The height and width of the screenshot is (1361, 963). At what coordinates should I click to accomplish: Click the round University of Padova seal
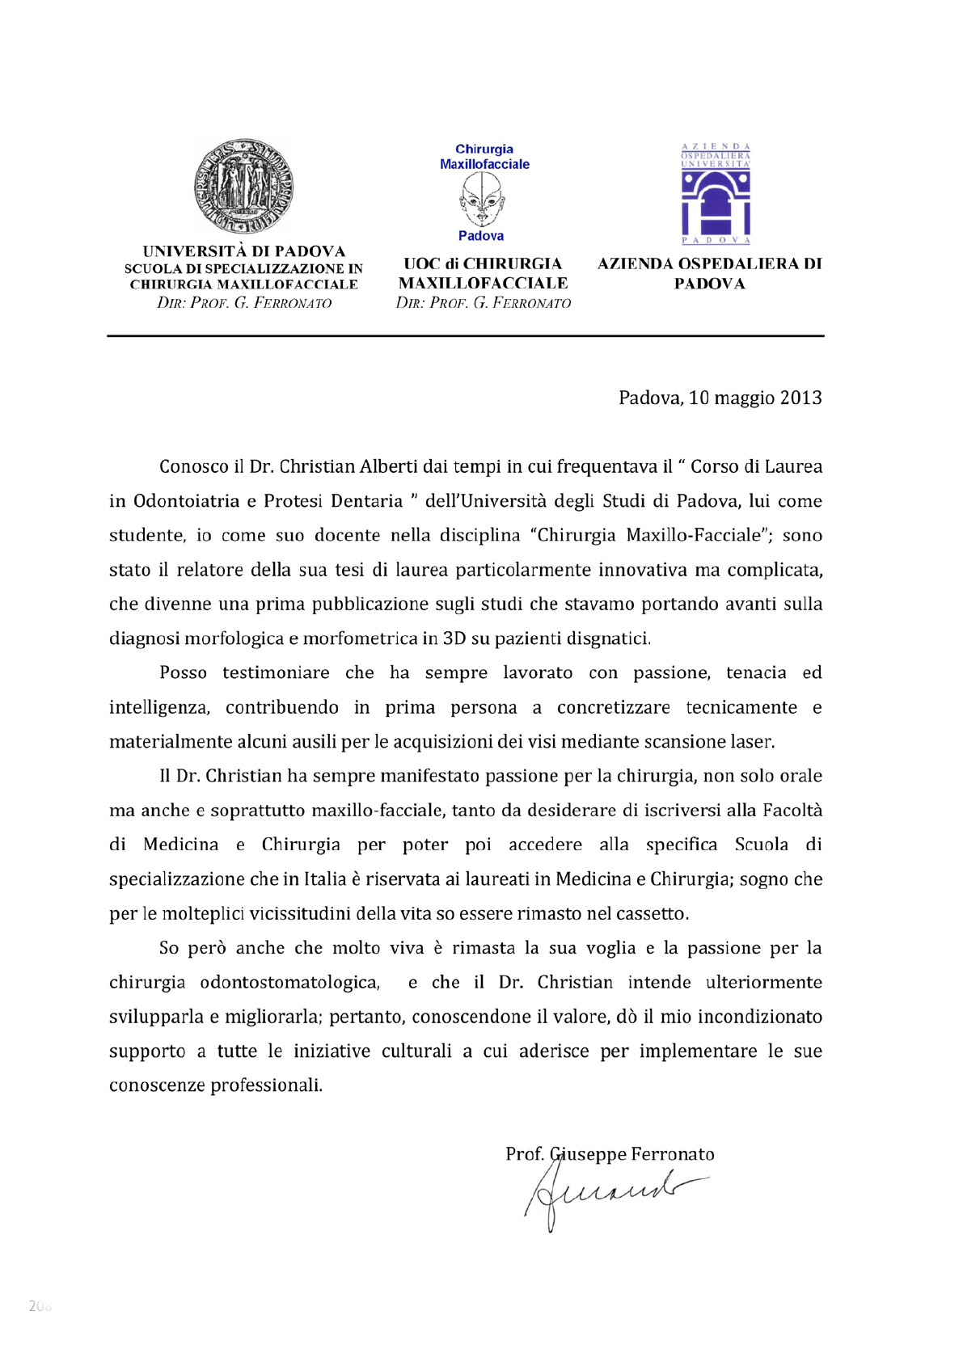coord(243,187)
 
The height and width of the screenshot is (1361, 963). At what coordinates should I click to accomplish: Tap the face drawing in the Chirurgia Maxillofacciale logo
coord(481,200)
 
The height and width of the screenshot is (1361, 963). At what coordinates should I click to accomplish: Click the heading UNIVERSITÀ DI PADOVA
coord(243,251)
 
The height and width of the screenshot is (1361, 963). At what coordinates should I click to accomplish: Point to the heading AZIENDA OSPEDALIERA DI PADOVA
coord(709,273)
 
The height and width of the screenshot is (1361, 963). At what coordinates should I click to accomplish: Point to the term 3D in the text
coord(454,638)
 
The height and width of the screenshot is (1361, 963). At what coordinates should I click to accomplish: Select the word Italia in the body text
coord(324,879)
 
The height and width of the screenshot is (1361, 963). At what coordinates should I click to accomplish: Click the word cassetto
coord(652,913)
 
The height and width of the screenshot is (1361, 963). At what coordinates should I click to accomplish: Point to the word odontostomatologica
coord(289,982)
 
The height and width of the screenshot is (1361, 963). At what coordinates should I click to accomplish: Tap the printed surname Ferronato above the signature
coord(672,1154)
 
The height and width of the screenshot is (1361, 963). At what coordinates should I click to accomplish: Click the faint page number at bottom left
coord(40,1305)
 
